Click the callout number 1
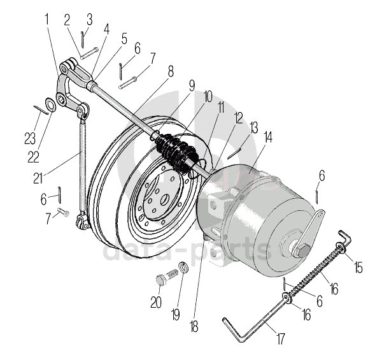(x=47, y=19)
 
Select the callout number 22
(x=33, y=157)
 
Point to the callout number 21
(x=38, y=178)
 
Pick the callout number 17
(x=281, y=338)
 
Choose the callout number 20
(x=156, y=302)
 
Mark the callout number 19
(x=176, y=314)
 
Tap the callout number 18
(x=194, y=326)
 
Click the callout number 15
(x=358, y=267)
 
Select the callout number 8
(x=171, y=71)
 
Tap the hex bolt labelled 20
(x=167, y=277)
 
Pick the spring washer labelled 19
(x=183, y=267)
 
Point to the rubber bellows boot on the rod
(x=176, y=153)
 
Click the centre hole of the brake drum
(x=166, y=199)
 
